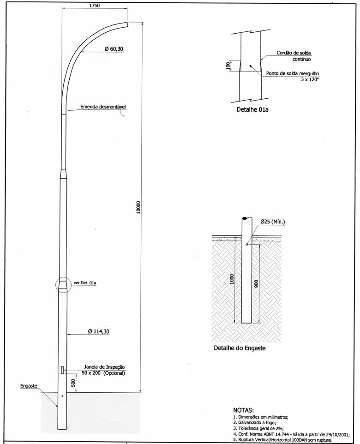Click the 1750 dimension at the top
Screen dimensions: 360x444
pos(95,6)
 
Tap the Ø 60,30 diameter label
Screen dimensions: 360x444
pos(114,49)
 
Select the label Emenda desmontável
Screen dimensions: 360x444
pos(103,107)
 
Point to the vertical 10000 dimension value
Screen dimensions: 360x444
pos(138,207)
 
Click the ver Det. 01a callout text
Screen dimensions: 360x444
pos(85,282)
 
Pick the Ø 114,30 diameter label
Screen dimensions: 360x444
pos(99,331)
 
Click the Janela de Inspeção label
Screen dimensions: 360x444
pos(104,367)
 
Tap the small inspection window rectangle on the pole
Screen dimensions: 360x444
pos(62,370)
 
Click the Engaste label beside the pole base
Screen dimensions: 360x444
pos(29,386)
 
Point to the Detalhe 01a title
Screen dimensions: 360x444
pos(252,109)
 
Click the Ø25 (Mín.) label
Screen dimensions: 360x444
pos(272,222)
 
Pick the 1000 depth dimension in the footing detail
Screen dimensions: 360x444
pos(232,279)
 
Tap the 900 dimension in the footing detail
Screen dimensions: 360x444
pos(257,284)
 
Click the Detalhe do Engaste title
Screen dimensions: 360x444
pos(240,348)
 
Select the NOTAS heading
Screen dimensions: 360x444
pos(243,410)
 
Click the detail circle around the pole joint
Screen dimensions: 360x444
pos(56,285)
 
